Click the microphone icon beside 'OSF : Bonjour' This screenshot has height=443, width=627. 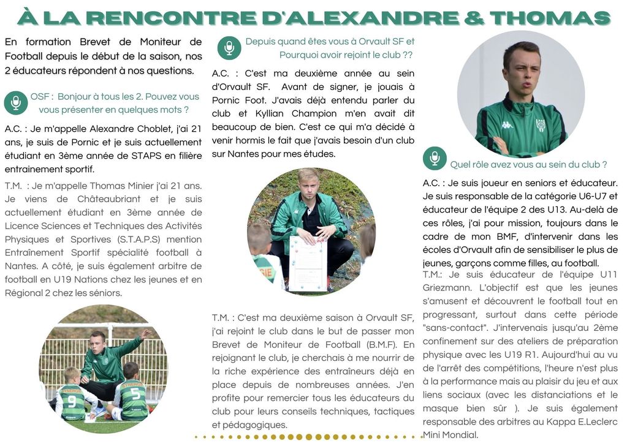(16, 103)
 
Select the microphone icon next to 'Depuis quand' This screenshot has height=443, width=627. (229, 48)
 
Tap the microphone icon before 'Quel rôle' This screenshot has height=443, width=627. (435, 159)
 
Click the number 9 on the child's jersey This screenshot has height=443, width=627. (71, 402)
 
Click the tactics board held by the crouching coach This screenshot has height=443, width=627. (308, 262)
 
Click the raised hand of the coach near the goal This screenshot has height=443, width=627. (146, 334)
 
